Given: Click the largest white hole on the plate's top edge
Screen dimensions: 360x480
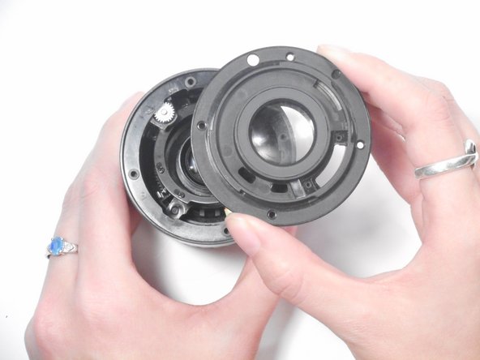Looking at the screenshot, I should (253, 59).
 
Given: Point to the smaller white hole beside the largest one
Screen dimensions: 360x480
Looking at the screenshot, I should (289, 57).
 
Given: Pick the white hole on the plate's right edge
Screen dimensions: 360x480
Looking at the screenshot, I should (359, 144).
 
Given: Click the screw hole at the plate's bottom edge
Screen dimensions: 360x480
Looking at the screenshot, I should (271, 215).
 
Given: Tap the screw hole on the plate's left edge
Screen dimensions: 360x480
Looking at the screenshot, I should (201, 126).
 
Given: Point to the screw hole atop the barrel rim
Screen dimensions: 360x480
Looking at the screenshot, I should (190, 82).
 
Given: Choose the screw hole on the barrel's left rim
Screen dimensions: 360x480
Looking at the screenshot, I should (134, 173).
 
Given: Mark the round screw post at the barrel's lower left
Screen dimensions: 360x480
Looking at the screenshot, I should (174, 209).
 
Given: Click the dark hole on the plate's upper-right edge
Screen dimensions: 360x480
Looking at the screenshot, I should (336, 75).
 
